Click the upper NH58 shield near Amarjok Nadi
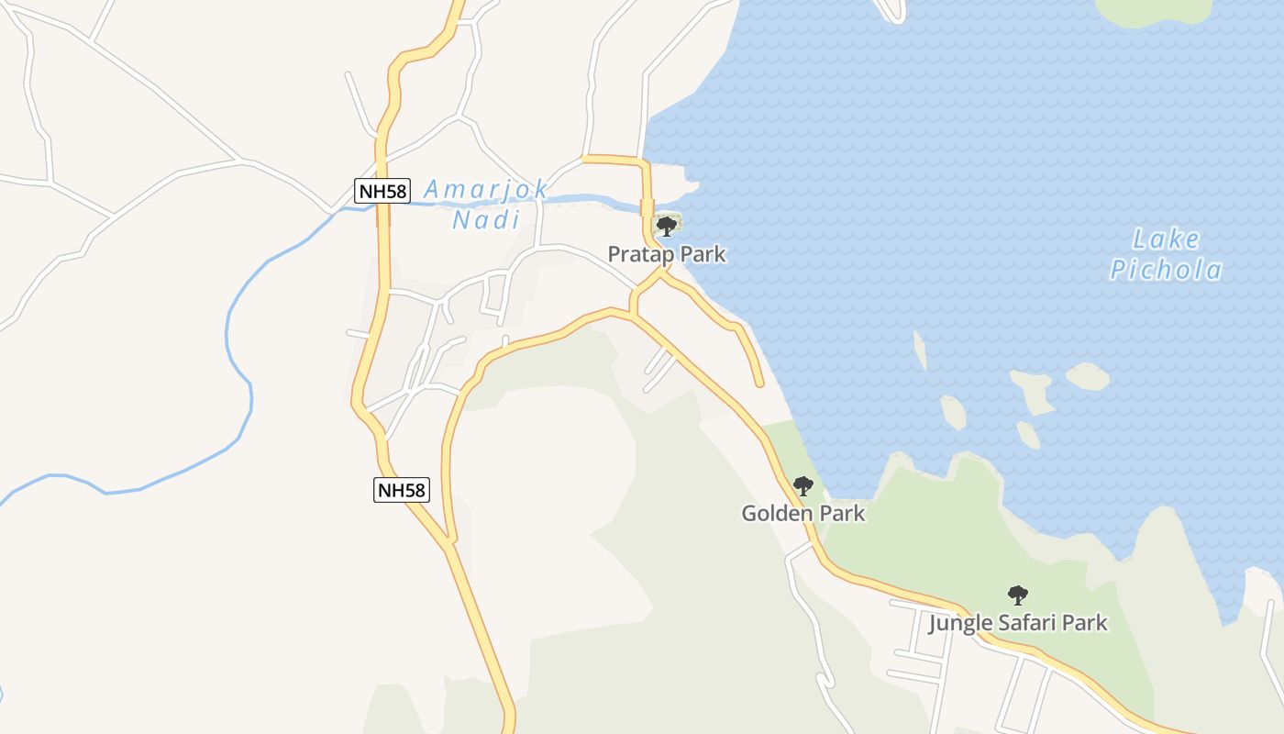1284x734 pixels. (382, 191)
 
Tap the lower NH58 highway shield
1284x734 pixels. (402, 490)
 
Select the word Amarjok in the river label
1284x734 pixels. (486, 190)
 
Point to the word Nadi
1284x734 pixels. (486, 219)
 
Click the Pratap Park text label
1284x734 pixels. (667, 254)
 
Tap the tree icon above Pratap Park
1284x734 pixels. (667, 226)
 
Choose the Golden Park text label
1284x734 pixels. (802, 513)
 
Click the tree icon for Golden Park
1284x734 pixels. (802, 485)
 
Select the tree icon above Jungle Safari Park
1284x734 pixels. (1017, 595)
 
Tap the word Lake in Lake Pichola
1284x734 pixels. (1166, 240)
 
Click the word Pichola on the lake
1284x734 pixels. (1166, 270)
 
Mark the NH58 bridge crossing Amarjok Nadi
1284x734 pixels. (382, 213)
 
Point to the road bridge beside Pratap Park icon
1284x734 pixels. (647, 207)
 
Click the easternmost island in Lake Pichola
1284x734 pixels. (1088, 376)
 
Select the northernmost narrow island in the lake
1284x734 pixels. (919, 350)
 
